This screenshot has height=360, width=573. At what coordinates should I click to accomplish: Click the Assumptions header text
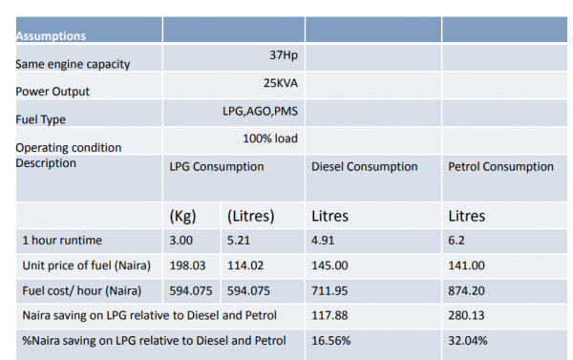51,36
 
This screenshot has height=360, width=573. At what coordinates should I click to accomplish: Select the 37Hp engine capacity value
284,55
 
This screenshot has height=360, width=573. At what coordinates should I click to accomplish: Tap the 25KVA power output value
281,83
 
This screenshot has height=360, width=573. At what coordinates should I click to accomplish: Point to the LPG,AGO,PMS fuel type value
260,111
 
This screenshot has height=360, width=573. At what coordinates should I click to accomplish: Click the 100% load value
270,138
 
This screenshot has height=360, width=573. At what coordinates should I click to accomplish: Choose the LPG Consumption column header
217,167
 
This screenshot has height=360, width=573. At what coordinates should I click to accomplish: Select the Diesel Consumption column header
365,167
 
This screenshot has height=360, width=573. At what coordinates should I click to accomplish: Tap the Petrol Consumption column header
500,167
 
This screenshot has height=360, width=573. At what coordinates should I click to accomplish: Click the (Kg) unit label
182,216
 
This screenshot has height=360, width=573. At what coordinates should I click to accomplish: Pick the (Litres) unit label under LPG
250,216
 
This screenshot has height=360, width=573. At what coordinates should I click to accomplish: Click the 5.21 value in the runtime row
239,241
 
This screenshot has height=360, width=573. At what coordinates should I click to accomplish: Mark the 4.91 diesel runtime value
323,241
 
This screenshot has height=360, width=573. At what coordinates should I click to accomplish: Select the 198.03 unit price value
187,265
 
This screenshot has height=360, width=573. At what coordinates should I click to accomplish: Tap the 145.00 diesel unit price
329,265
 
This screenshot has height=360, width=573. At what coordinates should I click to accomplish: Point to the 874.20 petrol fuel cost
466,291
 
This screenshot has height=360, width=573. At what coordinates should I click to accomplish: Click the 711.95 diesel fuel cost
329,291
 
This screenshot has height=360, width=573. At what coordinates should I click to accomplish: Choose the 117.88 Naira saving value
329,315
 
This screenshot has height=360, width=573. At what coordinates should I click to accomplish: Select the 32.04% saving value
468,341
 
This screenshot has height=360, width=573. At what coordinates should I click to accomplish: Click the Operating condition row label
69,148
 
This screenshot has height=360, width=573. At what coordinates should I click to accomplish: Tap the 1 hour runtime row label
62,241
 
